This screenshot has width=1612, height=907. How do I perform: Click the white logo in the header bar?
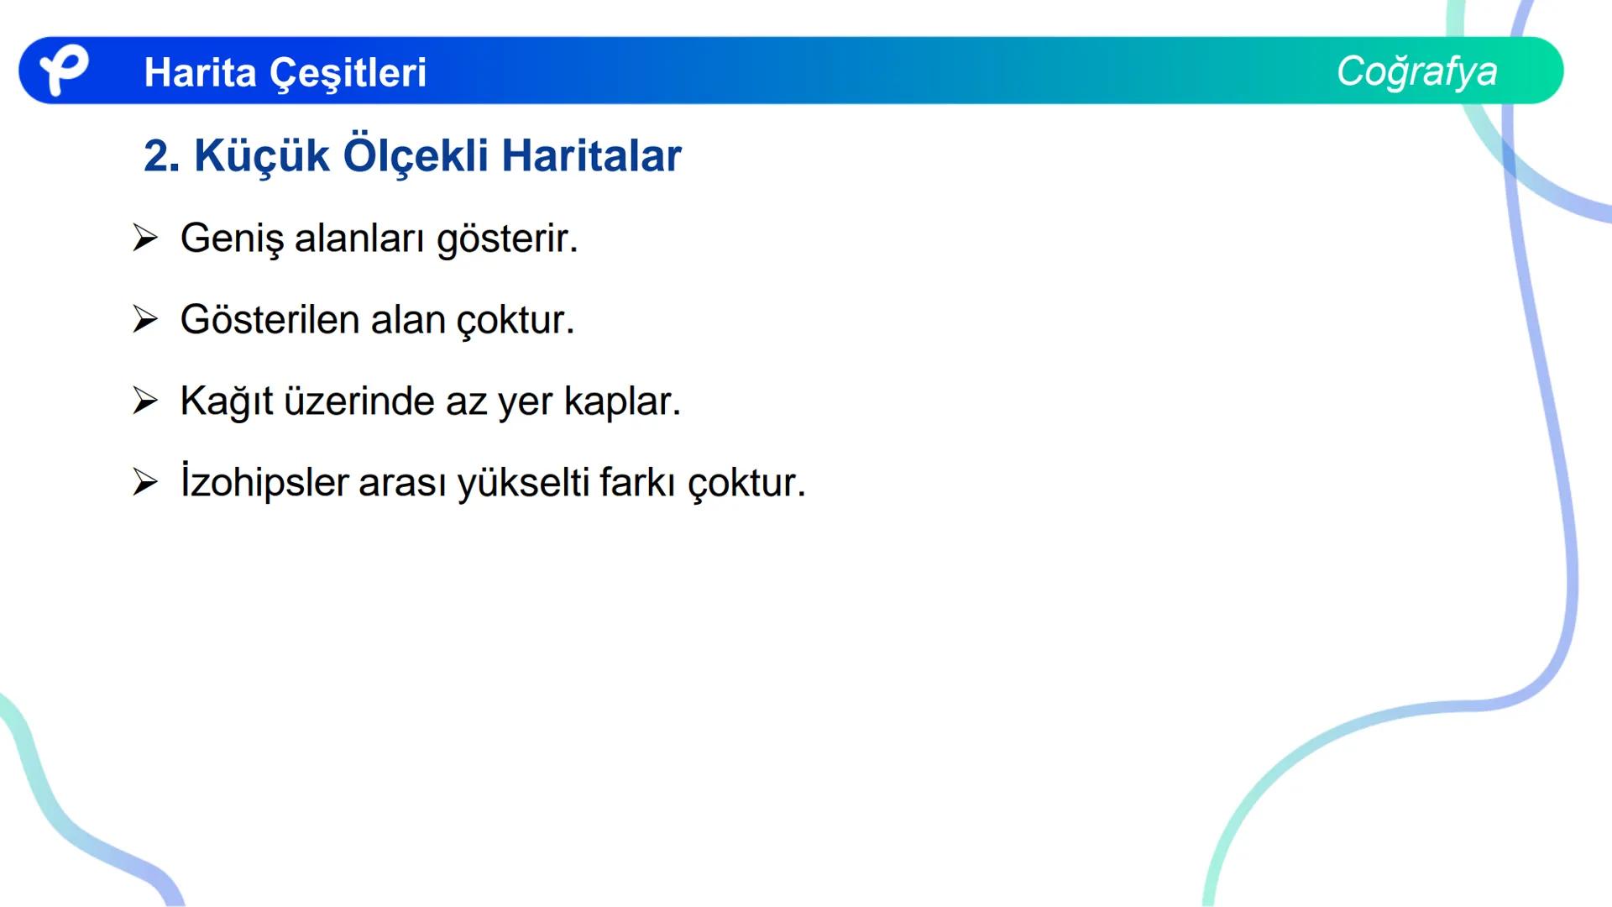(x=63, y=70)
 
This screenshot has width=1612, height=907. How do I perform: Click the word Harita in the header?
(x=200, y=72)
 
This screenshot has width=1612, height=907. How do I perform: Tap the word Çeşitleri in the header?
(x=348, y=74)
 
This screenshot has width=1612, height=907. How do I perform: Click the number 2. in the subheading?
(x=161, y=156)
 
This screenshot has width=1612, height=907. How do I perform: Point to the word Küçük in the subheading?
(x=261, y=156)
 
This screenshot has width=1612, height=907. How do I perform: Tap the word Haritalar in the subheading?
(x=591, y=156)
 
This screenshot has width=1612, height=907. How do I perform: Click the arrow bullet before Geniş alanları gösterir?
(x=144, y=239)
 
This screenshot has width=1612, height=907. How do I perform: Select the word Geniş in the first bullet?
(x=232, y=239)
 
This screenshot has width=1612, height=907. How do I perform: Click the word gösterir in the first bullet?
(x=506, y=239)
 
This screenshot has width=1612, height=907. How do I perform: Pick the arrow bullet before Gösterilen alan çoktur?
(x=144, y=320)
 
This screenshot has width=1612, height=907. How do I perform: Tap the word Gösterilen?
(x=270, y=320)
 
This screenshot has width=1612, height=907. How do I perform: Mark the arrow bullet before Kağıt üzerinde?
(x=144, y=401)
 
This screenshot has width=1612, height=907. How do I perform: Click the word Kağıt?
(x=226, y=402)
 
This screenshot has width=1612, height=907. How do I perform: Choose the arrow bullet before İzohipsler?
(x=144, y=483)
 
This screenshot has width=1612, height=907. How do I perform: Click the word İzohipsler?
(x=264, y=482)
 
